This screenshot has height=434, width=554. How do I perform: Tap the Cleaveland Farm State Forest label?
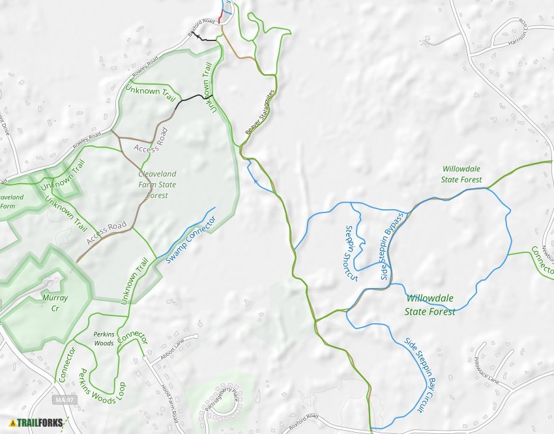157,184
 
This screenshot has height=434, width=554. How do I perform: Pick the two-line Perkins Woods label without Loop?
104,338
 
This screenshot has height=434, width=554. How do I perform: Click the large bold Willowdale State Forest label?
430,304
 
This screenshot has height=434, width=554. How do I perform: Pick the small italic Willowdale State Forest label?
461,174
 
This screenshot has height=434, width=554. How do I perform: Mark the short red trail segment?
220,17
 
